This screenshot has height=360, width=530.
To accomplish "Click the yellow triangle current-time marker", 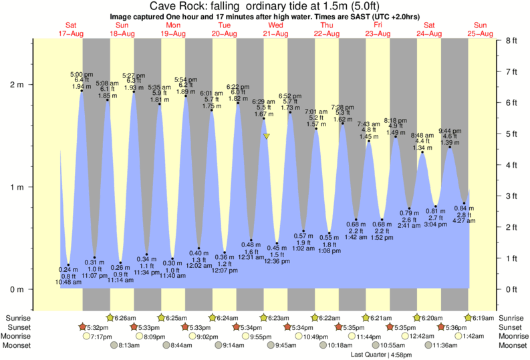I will point(267,136).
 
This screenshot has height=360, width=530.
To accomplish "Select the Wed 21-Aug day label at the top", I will point(275,29).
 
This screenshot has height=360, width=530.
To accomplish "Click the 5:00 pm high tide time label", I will point(82,74).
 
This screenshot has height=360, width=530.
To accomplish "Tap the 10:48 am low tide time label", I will point(68,282).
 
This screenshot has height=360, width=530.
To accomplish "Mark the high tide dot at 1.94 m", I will point(82,91).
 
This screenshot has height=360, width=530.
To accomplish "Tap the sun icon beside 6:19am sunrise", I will point(468,317).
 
